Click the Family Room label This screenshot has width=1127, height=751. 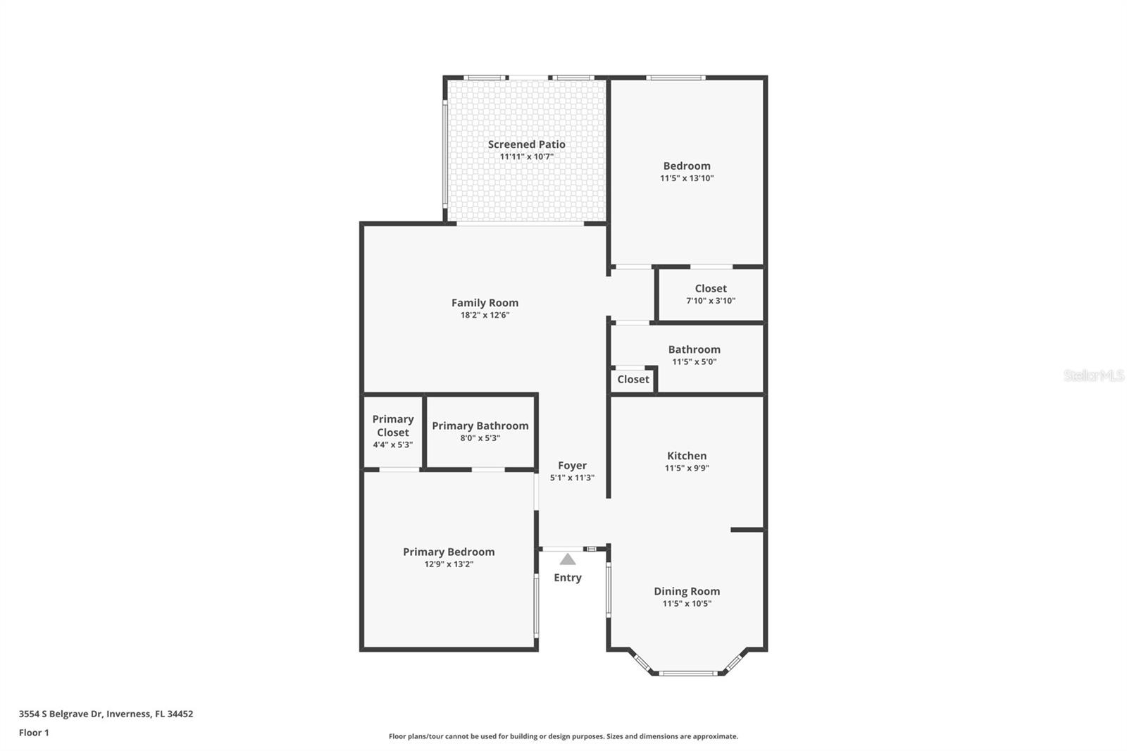click(x=485, y=303)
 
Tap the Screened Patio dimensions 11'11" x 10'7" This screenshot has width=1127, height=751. click(x=526, y=156)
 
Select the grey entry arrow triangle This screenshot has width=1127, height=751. click(x=568, y=559)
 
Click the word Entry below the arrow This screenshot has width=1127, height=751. click(x=568, y=578)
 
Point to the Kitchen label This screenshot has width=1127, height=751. click(x=687, y=456)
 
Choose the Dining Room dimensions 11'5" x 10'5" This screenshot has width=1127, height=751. click(x=687, y=604)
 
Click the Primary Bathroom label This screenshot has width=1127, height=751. click(x=480, y=426)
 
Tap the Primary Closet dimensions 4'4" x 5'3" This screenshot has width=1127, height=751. click(x=392, y=445)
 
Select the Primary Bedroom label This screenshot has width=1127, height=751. click(x=449, y=552)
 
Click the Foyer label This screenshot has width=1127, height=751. click(x=572, y=466)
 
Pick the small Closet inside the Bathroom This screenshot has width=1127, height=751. click(x=633, y=380)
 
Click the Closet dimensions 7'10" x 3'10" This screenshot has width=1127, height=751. click(x=711, y=301)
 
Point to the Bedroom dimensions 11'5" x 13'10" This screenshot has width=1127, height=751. click(x=687, y=178)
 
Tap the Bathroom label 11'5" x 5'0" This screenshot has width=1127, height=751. click(x=694, y=349)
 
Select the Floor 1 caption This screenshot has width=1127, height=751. click(x=34, y=733)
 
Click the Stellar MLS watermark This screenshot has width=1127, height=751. click(x=1093, y=375)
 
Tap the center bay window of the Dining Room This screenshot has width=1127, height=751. click(x=688, y=674)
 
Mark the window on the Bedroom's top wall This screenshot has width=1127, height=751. click(x=675, y=77)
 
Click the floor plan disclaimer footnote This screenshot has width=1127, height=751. click(x=563, y=736)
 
